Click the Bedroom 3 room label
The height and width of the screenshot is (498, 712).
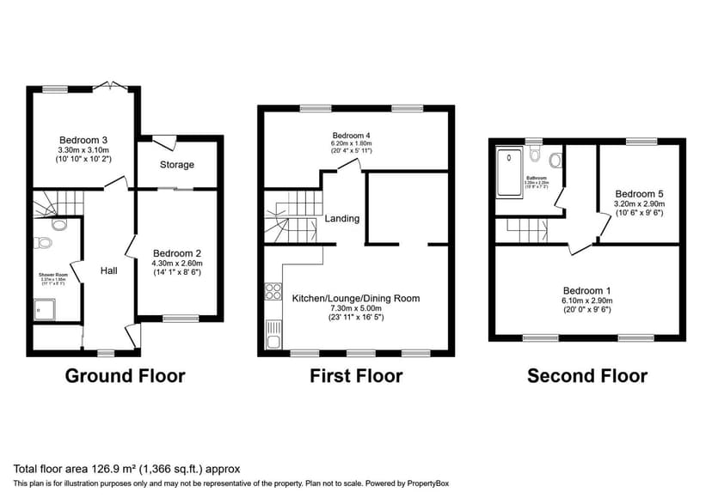pos(83,140)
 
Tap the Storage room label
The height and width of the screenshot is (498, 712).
pos(177,164)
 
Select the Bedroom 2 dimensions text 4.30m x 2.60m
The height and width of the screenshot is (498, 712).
pos(177,263)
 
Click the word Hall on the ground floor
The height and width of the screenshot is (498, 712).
pos(109,270)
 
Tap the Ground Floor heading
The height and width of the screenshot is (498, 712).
pos(125,375)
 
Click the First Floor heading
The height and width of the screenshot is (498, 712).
pos(356,375)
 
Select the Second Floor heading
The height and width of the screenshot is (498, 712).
pos(586,375)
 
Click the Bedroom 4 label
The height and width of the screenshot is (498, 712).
pos(353,136)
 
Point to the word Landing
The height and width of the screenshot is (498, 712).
pos(341,218)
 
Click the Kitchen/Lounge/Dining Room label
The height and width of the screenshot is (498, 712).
pos(355,298)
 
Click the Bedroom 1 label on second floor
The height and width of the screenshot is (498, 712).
pos(586,290)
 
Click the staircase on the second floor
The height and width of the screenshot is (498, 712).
pos(527,229)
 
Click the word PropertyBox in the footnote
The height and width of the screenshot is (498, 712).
pos(427,483)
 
